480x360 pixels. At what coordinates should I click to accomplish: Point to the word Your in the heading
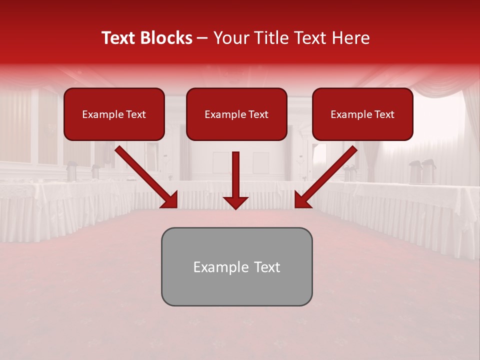231,38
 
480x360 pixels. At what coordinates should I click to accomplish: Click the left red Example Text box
114,114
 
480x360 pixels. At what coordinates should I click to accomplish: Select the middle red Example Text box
236,114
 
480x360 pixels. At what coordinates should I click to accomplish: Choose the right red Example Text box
362,114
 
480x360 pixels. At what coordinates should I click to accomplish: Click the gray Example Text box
236,266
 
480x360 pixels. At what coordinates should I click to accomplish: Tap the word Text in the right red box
384,114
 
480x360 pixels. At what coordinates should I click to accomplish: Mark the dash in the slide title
202,38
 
